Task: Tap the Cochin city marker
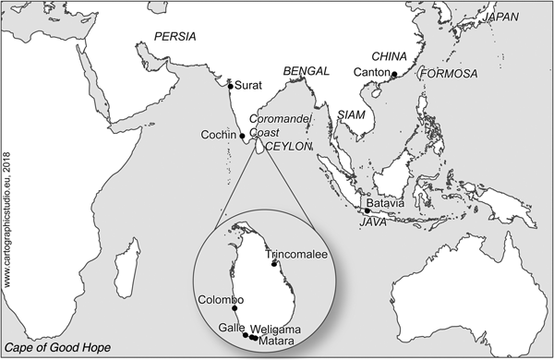tap(243, 136)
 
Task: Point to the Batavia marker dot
tap(367, 211)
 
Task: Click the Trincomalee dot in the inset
tap(273, 263)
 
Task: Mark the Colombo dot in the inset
tap(235, 308)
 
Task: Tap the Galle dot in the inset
tap(245, 335)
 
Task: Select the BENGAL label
tap(307, 71)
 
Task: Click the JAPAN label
tap(513, 17)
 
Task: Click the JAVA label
tap(372, 222)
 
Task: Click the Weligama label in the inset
tap(277, 329)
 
